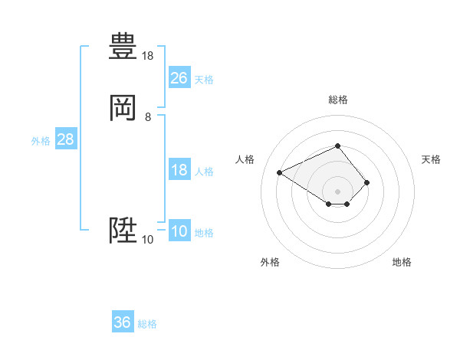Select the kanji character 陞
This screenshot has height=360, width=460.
pos(123,230)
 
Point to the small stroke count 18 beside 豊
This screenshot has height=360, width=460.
pos(148,56)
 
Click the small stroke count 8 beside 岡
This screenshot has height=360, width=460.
pos(148,117)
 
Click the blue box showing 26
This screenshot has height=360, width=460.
pos(179,77)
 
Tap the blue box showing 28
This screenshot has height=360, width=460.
pos(65,139)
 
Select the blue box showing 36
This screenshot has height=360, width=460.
pos(123,322)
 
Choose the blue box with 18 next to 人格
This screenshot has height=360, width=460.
pos(179,170)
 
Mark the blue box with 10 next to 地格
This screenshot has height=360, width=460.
pos(179,231)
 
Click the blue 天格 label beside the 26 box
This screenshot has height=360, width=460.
pos(204,79)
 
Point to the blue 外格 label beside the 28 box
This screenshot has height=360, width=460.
pos(41,141)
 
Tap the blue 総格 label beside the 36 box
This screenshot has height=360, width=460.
pos(147,324)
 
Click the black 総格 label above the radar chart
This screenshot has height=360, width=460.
pos(337,100)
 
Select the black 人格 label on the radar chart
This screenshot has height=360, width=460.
pos(245,159)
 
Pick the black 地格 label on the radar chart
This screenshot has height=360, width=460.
pos(402,262)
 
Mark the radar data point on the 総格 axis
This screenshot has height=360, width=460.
pos(337,146)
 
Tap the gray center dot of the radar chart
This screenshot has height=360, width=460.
pos(337,191)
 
